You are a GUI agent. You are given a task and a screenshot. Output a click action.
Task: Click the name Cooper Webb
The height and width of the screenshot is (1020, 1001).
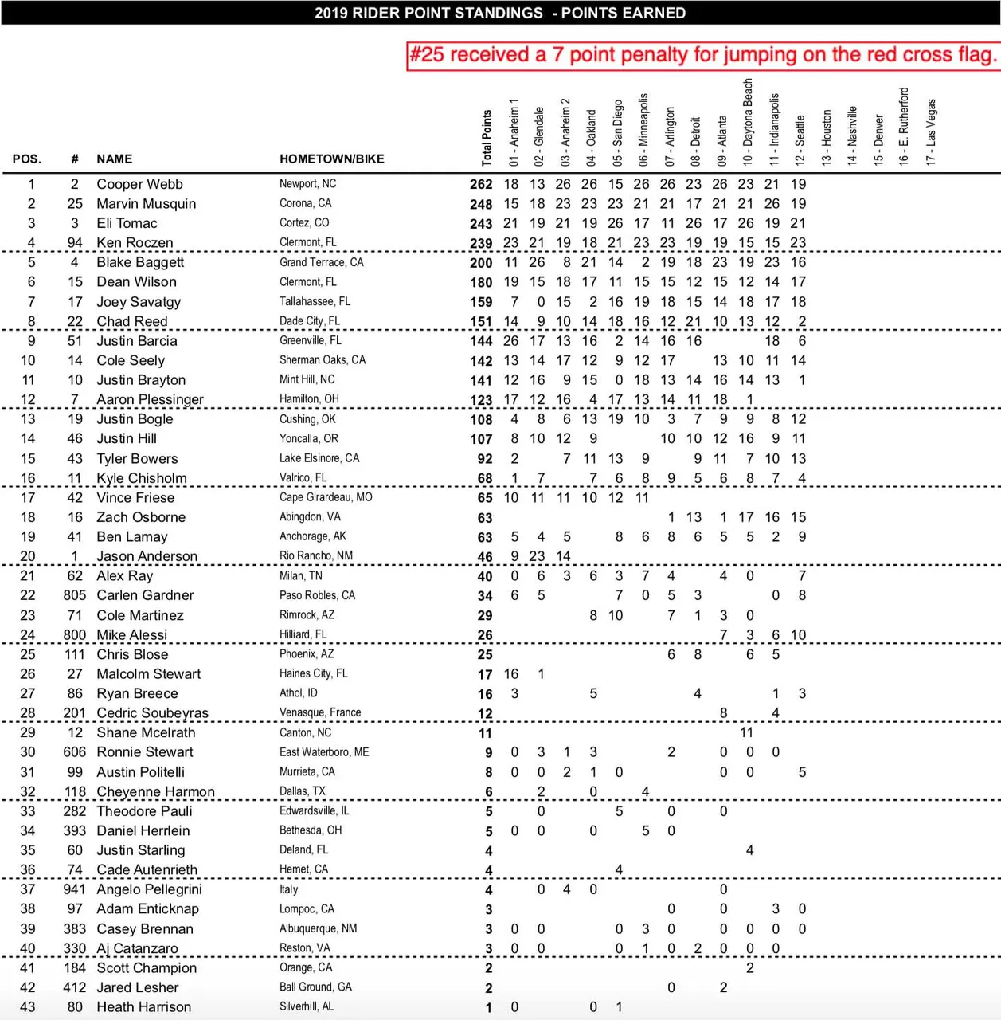[139, 184]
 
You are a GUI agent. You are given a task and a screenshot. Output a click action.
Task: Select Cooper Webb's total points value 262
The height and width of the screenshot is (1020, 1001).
[481, 184]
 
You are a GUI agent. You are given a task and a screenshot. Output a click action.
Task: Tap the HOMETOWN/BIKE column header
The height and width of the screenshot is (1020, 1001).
[331, 159]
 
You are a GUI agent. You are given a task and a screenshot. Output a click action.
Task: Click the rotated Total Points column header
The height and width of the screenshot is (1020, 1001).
[487, 138]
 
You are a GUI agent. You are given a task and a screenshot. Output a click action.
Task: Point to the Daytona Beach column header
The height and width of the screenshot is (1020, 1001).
[747, 122]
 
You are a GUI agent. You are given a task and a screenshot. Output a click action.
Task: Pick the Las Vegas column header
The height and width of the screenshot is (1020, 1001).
[931, 131]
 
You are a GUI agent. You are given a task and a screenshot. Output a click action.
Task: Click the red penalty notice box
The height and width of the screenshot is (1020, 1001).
[702, 55]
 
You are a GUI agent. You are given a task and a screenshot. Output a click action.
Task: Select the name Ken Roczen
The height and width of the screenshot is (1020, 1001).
[135, 243]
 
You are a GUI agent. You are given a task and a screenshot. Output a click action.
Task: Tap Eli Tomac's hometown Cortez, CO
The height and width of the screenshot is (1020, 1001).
[304, 223]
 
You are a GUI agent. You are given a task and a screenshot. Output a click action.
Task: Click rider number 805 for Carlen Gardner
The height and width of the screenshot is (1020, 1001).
[75, 595]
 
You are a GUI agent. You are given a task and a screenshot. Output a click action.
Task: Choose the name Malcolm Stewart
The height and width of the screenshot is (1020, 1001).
[148, 674]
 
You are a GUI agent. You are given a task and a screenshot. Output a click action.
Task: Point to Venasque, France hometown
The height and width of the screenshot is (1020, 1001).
[320, 712]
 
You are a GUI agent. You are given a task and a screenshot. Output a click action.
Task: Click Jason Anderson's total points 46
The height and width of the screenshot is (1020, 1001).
[484, 557]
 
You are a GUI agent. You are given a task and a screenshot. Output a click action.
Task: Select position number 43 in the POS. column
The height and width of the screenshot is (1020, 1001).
[28, 1007]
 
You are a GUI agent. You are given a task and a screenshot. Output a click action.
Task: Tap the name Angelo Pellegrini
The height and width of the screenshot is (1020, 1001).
[149, 889]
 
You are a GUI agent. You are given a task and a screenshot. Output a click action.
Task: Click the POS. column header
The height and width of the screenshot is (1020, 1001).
[27, 159]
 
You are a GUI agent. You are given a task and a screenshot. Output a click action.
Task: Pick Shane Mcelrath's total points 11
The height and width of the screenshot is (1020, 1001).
[485, 733]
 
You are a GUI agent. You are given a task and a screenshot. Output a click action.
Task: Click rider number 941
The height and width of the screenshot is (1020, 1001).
[75, 889]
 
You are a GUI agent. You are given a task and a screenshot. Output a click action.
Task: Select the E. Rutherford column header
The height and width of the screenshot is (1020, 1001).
[904, 126]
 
